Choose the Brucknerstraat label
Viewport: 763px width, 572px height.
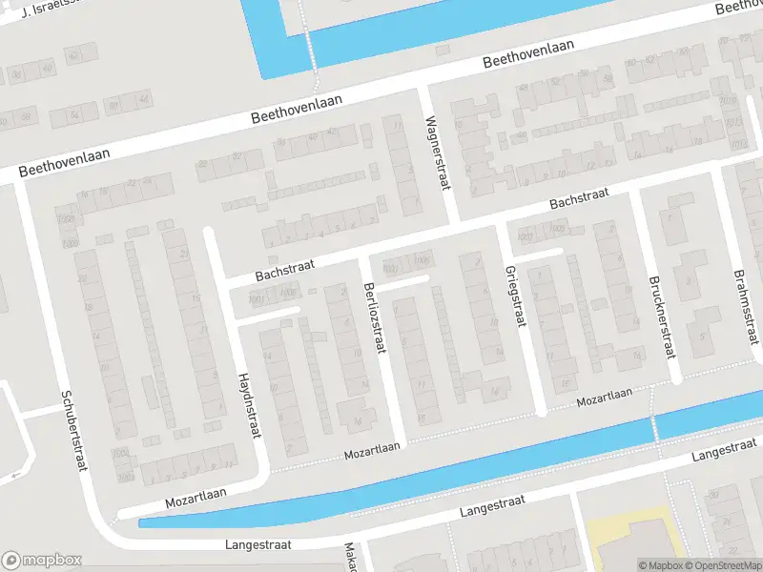[x=659, y=317]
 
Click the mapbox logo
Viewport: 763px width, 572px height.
[x=42, y=561]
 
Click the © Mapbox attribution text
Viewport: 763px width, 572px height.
[x=660, y=565]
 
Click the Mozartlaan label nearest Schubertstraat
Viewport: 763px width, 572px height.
[x=196, y=494]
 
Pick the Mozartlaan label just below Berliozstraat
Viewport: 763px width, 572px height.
[x=374, y=452]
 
